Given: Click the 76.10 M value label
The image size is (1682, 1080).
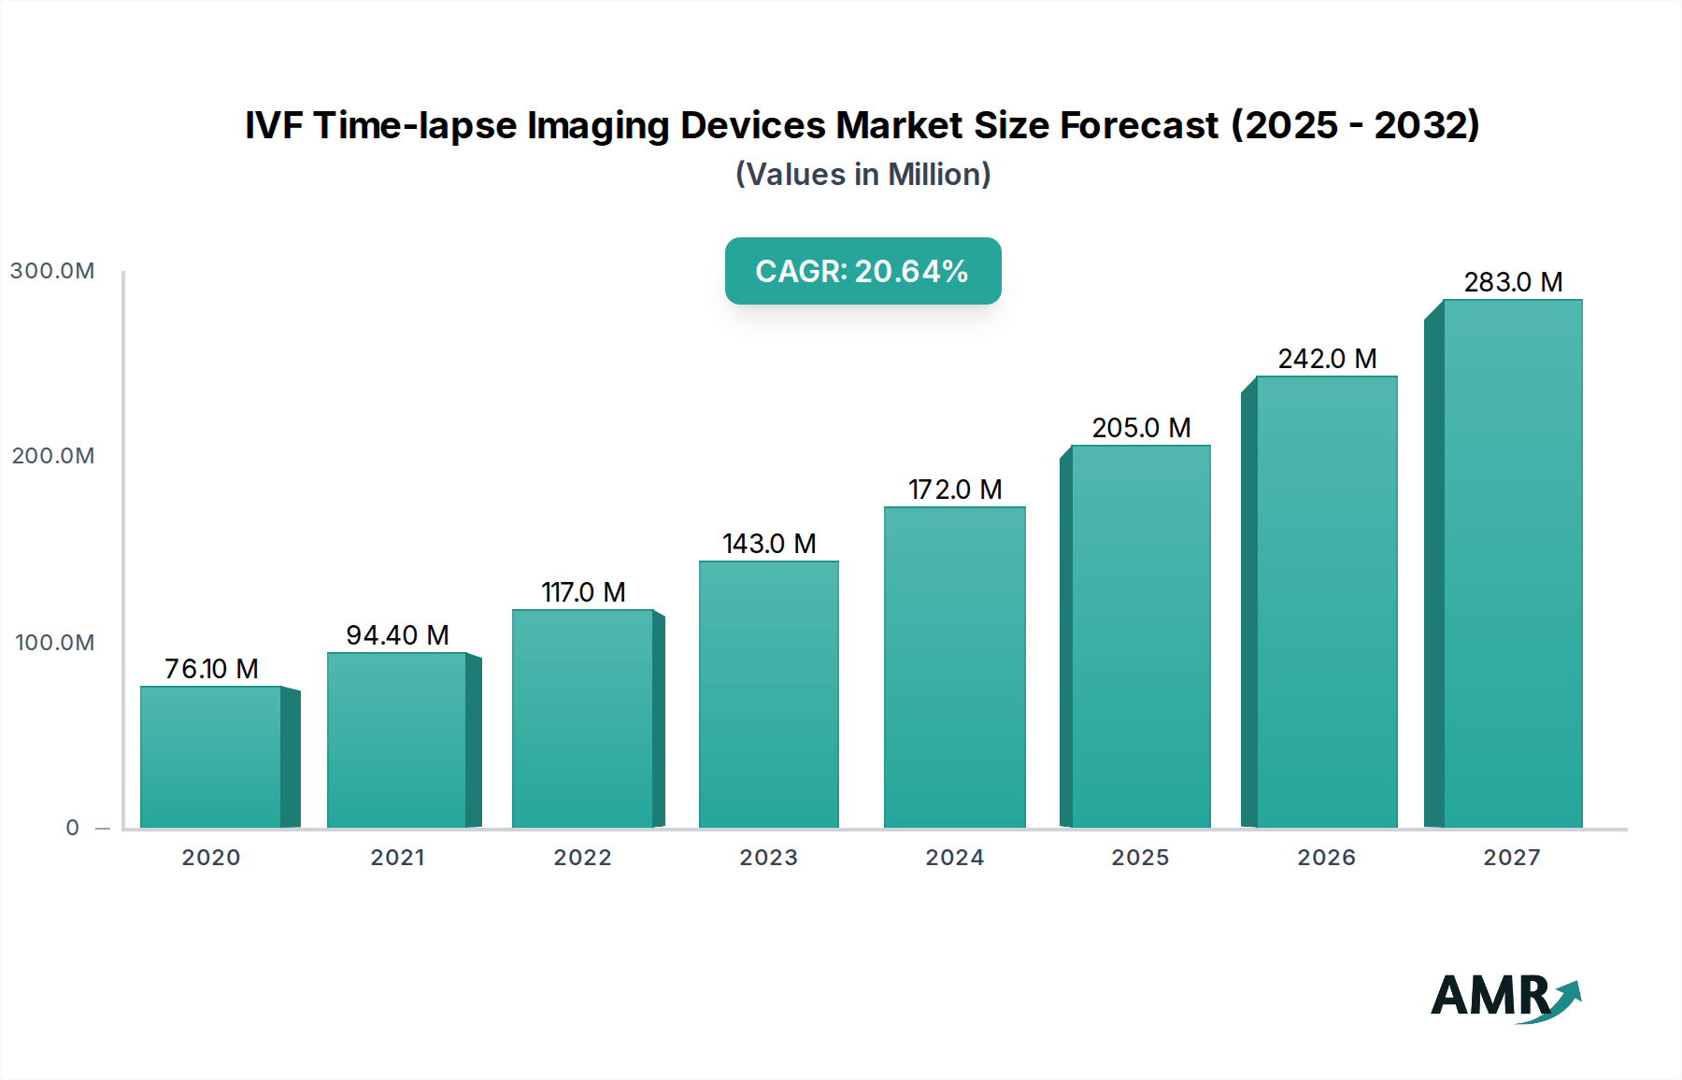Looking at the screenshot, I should pyautogui.click(x=211, y=669).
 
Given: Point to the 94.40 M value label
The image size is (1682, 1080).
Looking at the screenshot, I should pyautogui.click(x=397, y=635).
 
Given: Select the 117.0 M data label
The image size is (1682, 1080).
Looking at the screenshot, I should pyautogui.click(x=583, y=592).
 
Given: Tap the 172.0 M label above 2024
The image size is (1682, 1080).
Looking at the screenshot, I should pyautogui.click(x=955, y=490).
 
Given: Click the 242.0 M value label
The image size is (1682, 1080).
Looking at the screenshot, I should pyautogui.click(x=1327, y=359).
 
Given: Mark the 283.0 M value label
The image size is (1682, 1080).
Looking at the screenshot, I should pyautogui.click(x=1512, y=282).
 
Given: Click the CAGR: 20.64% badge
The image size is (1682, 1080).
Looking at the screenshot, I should pyautogui.click(x=862, y=271).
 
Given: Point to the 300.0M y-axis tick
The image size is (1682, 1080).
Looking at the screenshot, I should pyautogui.click(x=52, y=271).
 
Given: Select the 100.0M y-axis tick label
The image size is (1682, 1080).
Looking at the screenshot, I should pyautogui.click(x=54, y=643).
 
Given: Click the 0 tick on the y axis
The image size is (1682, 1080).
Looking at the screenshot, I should pyautogui.click(x=73, y=828).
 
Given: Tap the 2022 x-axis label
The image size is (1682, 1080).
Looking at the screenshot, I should pyautogui.click(x=582, y=858).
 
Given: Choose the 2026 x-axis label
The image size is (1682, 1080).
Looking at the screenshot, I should pyautogui.click(x=1326, y=858).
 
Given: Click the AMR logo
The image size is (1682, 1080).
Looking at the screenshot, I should pyautogui.click(x=1504, y=997).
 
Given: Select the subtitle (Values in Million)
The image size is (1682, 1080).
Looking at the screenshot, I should pyautogui.click(x=862, y=175).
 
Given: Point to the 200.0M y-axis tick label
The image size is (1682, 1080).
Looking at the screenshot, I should pyautogui.click(x=53, y=456).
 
